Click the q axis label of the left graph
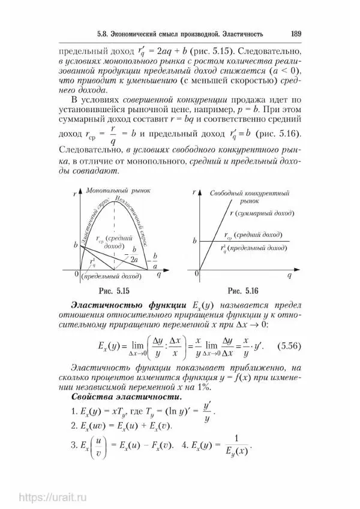(158, 274)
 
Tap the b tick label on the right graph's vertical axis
(194, 240)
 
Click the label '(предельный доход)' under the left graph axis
(109, 278)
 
